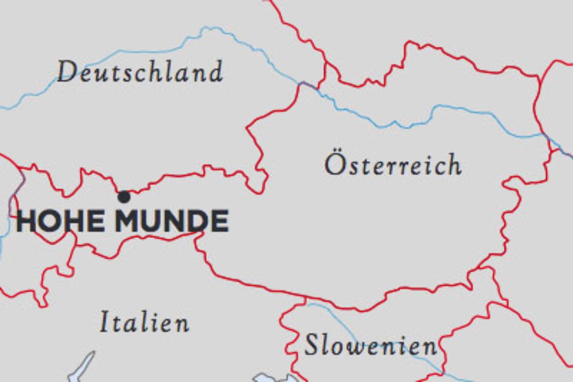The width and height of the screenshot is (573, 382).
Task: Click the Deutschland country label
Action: click(140, 73)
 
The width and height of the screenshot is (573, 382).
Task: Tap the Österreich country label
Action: click(393, 165)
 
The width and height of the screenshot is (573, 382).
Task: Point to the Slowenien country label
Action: click(371, 345)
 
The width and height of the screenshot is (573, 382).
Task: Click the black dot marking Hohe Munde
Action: click(124, 196)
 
